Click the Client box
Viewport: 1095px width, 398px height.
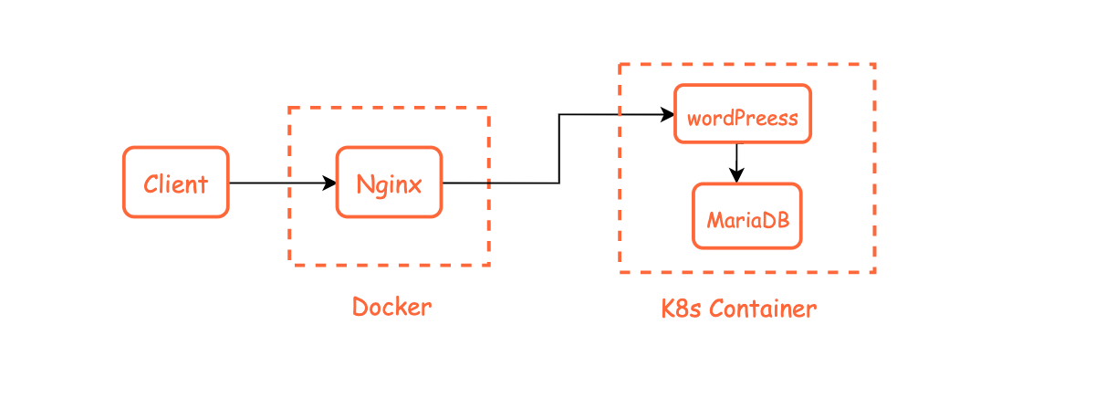pos(175,183)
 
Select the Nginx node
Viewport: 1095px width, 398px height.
pos(389,183)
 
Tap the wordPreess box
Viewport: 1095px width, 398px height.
pos(742,114)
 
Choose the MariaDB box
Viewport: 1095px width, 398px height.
pos(746,216)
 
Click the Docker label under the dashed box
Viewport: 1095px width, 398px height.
pos(391,307)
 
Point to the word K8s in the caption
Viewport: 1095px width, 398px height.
pos(682,309)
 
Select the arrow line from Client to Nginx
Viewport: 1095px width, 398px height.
pos(278,183)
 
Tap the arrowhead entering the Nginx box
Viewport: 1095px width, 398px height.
pos(331,183)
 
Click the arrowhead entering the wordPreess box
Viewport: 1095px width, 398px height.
pos(668,114)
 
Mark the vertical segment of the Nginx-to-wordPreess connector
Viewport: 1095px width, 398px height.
pos(559,149)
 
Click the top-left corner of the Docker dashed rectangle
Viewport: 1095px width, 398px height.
pos(290,108)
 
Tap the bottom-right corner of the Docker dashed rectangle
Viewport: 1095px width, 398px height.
pos(488,265)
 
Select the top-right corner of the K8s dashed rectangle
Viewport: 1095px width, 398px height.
pos(874,65)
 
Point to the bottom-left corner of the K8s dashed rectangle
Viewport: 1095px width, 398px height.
pos(620,271)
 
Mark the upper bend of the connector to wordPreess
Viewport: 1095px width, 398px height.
pos(559,114)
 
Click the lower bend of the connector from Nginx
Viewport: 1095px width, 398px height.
pos(559,183)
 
